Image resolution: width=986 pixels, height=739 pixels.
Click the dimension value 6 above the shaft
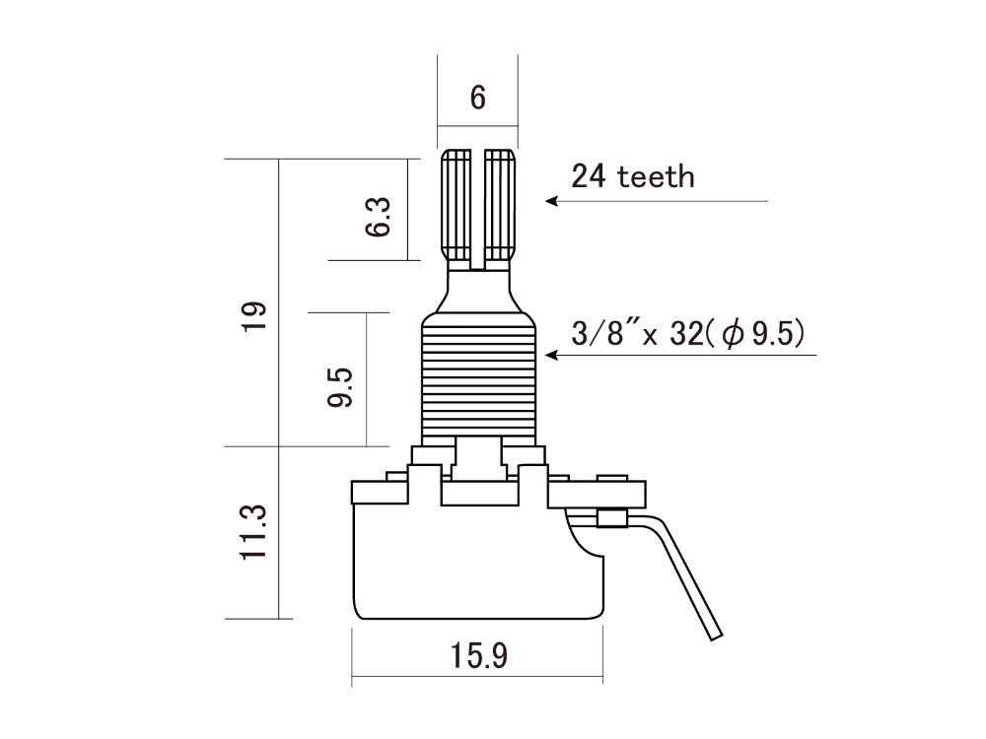[x=478, y=98]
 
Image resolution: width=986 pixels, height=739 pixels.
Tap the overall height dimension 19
[x=254, y=316]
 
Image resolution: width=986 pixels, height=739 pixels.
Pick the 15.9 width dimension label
[x=478, y=655]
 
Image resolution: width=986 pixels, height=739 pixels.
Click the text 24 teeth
[x=633, y=176]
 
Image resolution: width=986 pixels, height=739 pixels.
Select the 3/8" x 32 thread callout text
[x=689, y=334]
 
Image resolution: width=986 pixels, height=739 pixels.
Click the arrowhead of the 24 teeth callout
[x=552, y=201]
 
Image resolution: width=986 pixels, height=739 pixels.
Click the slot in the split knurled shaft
[x=478, y=207]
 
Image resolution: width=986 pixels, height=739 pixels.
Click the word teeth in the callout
[x=657, y=176]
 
